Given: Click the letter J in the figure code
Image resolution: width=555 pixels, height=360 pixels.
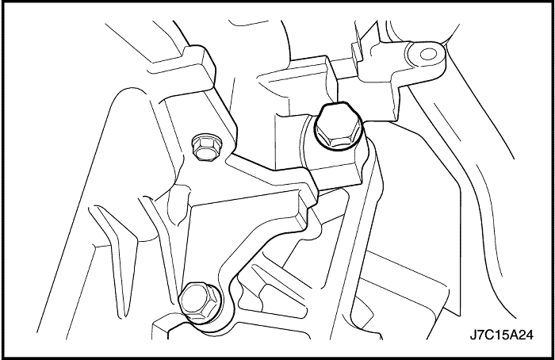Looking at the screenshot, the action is [473, 335].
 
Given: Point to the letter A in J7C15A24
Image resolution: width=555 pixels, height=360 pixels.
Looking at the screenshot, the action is [513, 335].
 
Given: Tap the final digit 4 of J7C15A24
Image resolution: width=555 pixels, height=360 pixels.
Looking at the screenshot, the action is [529, 335].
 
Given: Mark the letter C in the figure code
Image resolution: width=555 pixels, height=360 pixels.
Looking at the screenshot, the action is [489, 335].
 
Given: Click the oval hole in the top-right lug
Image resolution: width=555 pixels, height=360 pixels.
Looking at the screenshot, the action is [428, 55].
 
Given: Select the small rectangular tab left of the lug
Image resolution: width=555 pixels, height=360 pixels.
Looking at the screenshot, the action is [355, 52].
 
